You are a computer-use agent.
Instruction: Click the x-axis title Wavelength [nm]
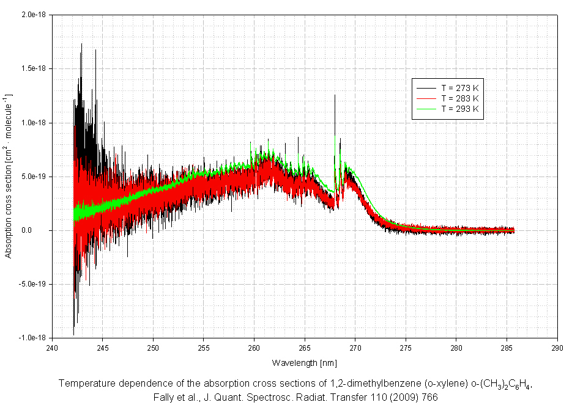click(x=305, y=363)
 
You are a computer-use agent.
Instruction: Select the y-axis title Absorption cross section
click(x=9, y=177)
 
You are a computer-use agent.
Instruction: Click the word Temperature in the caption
click(x=86, y=384)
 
